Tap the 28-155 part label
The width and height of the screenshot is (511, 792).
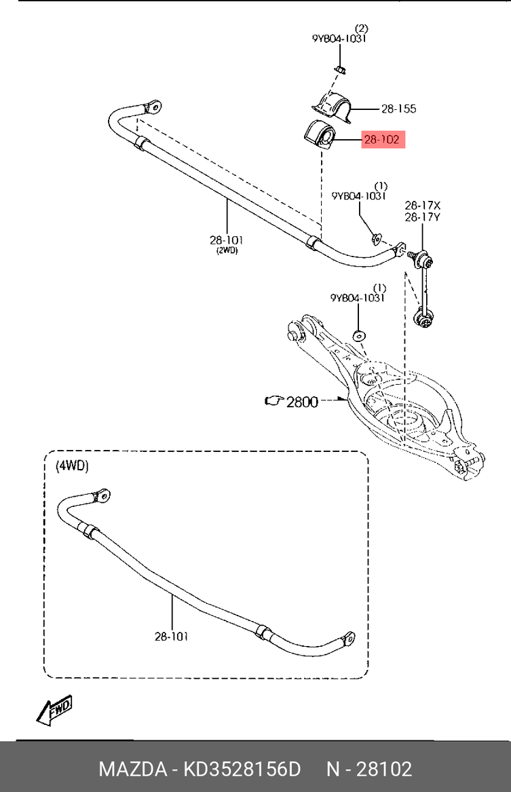[398, 109]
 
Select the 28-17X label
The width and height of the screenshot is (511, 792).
[423, 205]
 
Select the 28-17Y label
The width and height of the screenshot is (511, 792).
[423, 217]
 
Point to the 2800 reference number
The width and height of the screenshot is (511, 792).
[302, 402]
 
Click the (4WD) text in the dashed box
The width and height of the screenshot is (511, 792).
[72, 466]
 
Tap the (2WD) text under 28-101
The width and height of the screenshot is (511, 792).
[227, 250]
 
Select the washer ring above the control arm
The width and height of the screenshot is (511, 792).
[358, 335]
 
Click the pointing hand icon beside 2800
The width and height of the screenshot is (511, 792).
[274, 402]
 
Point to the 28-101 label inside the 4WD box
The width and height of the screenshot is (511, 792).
[172, 636]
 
